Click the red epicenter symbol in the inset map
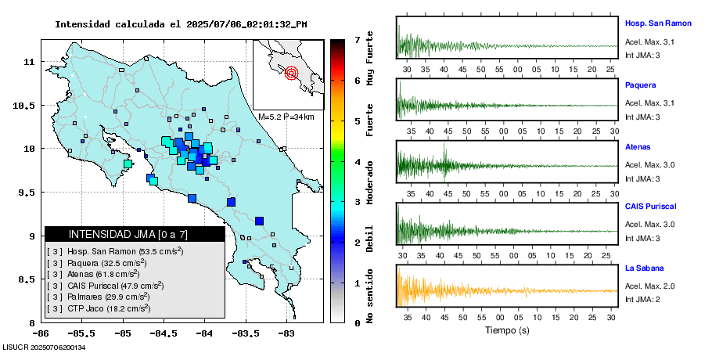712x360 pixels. tap(292, 74)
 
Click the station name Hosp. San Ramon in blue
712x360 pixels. tap(658, 23)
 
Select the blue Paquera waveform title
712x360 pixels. tap(640, 85)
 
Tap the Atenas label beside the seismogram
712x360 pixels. tap(638, 146)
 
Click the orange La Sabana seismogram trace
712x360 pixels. tap(505, 290)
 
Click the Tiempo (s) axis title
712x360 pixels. tap(505, 331)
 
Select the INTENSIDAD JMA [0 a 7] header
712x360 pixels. tap(135, 234)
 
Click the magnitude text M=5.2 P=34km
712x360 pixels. tap(286, 117)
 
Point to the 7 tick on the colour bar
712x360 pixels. tap(356, 39)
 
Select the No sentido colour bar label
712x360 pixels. tap(369, 298)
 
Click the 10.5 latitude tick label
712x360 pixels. tap(29, 105)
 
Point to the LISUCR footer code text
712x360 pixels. tap(44, 347)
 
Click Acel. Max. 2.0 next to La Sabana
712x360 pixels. tap(649, 286)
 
